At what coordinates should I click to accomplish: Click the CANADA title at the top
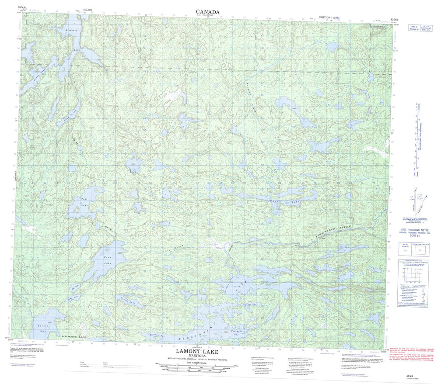coord(207,11)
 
